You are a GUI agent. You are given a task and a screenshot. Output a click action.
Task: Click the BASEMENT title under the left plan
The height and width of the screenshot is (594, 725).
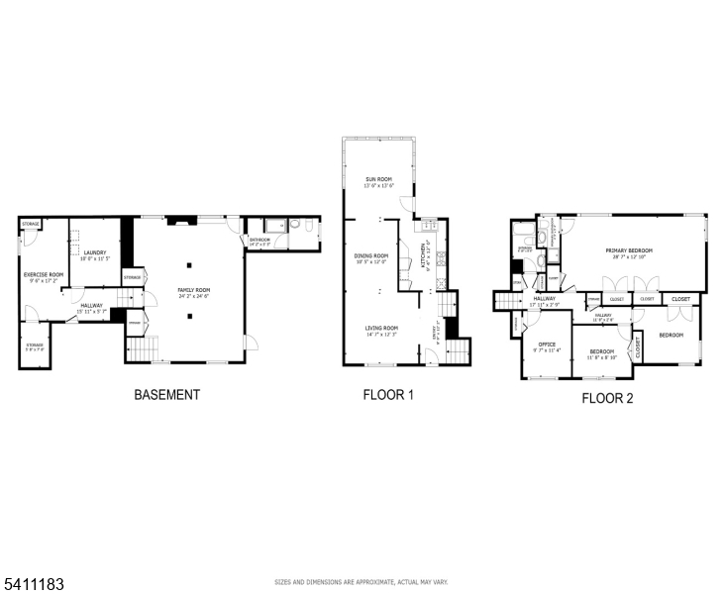coord(166,394)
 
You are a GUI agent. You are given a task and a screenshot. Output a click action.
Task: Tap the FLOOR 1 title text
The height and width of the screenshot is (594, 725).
coord(387,394)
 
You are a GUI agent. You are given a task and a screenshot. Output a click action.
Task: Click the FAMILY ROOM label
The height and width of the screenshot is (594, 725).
coord(194,290)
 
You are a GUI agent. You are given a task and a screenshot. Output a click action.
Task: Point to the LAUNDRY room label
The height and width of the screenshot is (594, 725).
coord(95,252)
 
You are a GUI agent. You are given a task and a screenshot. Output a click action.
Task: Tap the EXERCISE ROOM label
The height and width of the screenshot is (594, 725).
coord(44,274)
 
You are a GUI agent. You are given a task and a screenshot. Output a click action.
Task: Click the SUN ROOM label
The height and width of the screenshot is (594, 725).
coord(378,179)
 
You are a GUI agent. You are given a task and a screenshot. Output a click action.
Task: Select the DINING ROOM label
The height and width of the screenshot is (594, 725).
coord(371,256)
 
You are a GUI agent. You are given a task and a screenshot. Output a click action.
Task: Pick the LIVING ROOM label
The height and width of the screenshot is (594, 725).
coord(380,328)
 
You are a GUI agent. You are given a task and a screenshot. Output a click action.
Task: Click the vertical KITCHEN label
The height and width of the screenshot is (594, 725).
coord(425,256)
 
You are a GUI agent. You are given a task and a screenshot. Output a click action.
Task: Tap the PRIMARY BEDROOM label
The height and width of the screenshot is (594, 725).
coord(629,251)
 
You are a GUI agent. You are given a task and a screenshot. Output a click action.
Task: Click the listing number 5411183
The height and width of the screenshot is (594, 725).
coord(34,584)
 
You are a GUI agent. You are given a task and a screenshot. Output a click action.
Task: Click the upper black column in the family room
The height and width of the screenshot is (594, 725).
coord(189,264)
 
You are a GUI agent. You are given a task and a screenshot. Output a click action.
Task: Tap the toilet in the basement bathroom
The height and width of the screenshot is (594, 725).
coord(308,229)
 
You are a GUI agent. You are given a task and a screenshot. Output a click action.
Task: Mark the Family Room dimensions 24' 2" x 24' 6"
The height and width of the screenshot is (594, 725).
coord(194,296)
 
